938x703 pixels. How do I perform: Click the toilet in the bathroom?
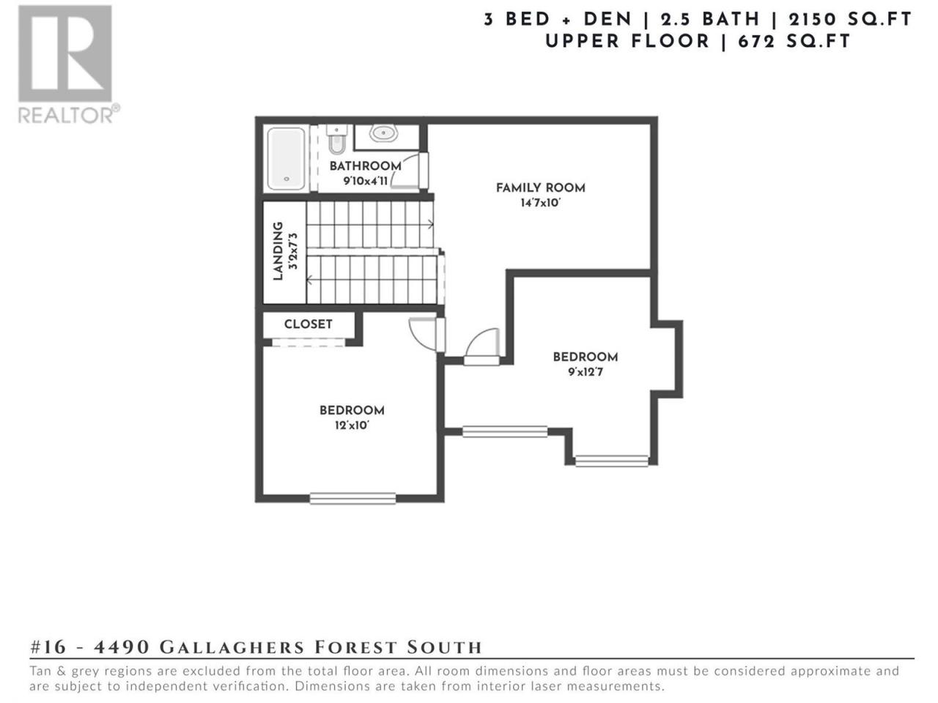point(337,140)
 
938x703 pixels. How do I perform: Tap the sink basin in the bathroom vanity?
point(383,133)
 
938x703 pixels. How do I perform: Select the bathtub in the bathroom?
point(286,158)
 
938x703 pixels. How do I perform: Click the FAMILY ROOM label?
point(541,187)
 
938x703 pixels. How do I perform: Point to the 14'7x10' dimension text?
point(540,203)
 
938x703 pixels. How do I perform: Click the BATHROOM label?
point(366,165)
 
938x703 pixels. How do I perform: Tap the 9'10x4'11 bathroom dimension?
point(366,181)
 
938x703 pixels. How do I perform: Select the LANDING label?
point(278,251)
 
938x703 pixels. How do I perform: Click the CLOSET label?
point(308,324)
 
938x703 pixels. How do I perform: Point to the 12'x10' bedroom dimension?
point(352,425)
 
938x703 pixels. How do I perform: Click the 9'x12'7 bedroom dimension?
point(586,372)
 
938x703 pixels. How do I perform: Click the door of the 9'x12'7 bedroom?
point(482,346)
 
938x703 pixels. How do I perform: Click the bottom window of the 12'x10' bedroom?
point(353,498)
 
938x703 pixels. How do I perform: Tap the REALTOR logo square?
point(65,53)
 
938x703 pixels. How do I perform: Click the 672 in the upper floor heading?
point(762,42)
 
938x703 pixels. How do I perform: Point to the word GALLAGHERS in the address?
point(232,647)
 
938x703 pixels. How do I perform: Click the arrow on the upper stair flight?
point(431,223)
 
